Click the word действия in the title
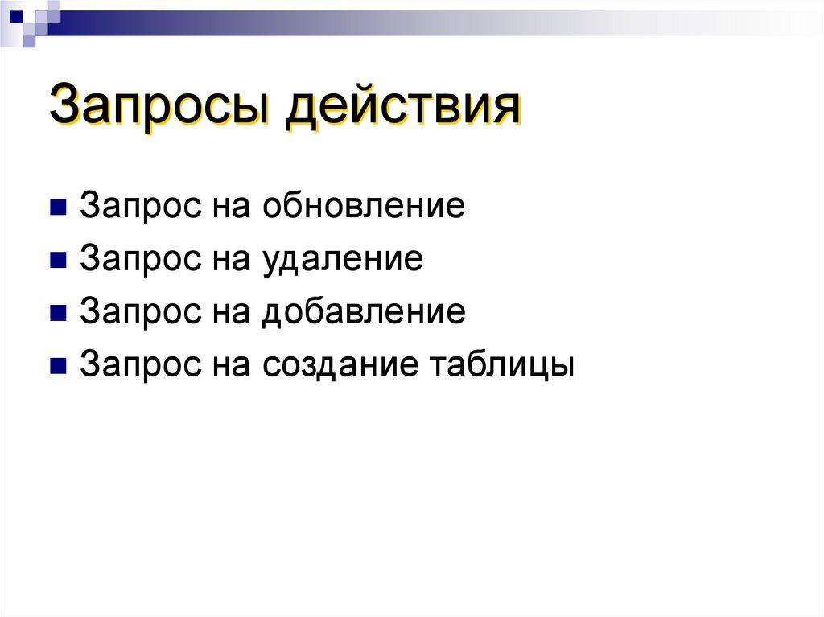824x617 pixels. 402,106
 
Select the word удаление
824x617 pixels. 341,259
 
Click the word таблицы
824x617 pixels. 502,364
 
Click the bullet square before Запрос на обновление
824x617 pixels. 57,208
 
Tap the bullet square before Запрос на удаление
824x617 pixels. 57,261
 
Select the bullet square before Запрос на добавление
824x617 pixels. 57,313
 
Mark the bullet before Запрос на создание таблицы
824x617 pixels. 57,365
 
